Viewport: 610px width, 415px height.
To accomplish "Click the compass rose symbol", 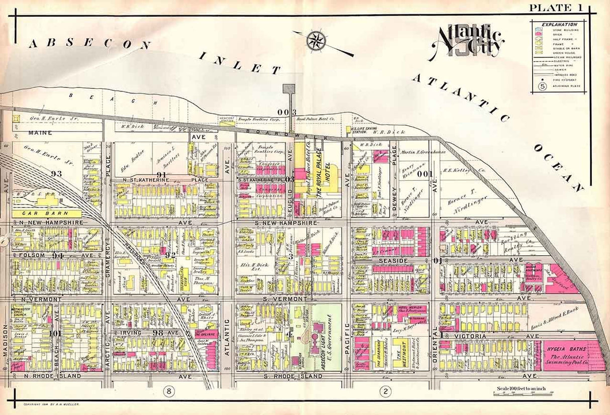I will coord(316,40).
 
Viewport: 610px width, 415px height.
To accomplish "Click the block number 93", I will coord(56,173).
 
